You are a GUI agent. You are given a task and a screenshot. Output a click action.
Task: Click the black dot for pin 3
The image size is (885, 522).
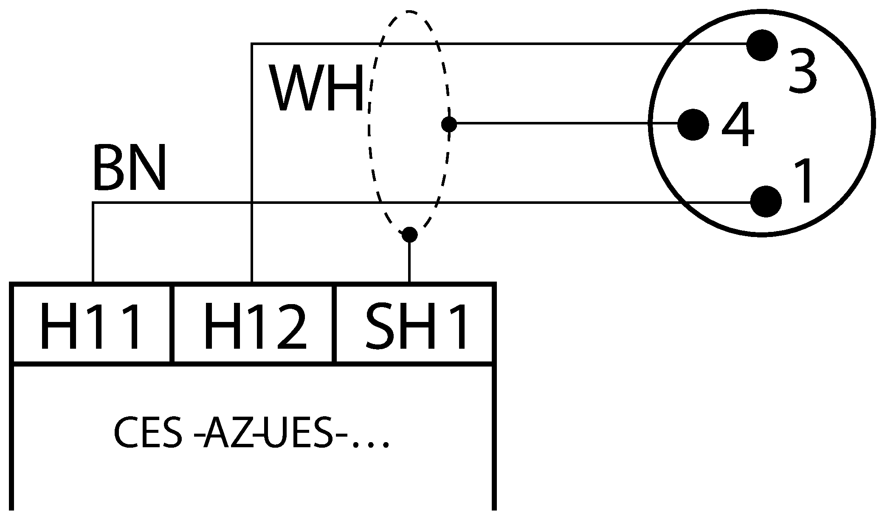[x=762, y=45]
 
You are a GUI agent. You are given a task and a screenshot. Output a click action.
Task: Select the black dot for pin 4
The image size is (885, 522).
[x=693, y=124]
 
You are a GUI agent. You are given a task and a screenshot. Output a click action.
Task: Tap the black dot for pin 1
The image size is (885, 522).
[x=766, y=201]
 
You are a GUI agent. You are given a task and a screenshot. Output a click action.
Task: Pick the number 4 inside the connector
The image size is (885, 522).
[x=738, y=124]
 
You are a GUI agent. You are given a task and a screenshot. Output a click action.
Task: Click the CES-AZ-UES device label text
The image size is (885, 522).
[x=251, y=434]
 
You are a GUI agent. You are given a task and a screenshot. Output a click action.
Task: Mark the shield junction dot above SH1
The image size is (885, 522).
[x=409, y=234]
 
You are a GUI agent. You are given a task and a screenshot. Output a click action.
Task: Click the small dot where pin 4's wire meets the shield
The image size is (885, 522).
[x=449, y=124]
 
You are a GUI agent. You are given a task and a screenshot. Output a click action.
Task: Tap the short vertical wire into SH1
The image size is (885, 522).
[x=409, y=261]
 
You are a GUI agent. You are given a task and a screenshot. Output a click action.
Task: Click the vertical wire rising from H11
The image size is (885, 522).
[x=93, y=242]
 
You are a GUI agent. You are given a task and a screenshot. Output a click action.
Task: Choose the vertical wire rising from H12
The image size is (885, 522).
[x=252, y=127]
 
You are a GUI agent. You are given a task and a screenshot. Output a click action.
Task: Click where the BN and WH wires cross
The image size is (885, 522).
[x=252, y=203]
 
